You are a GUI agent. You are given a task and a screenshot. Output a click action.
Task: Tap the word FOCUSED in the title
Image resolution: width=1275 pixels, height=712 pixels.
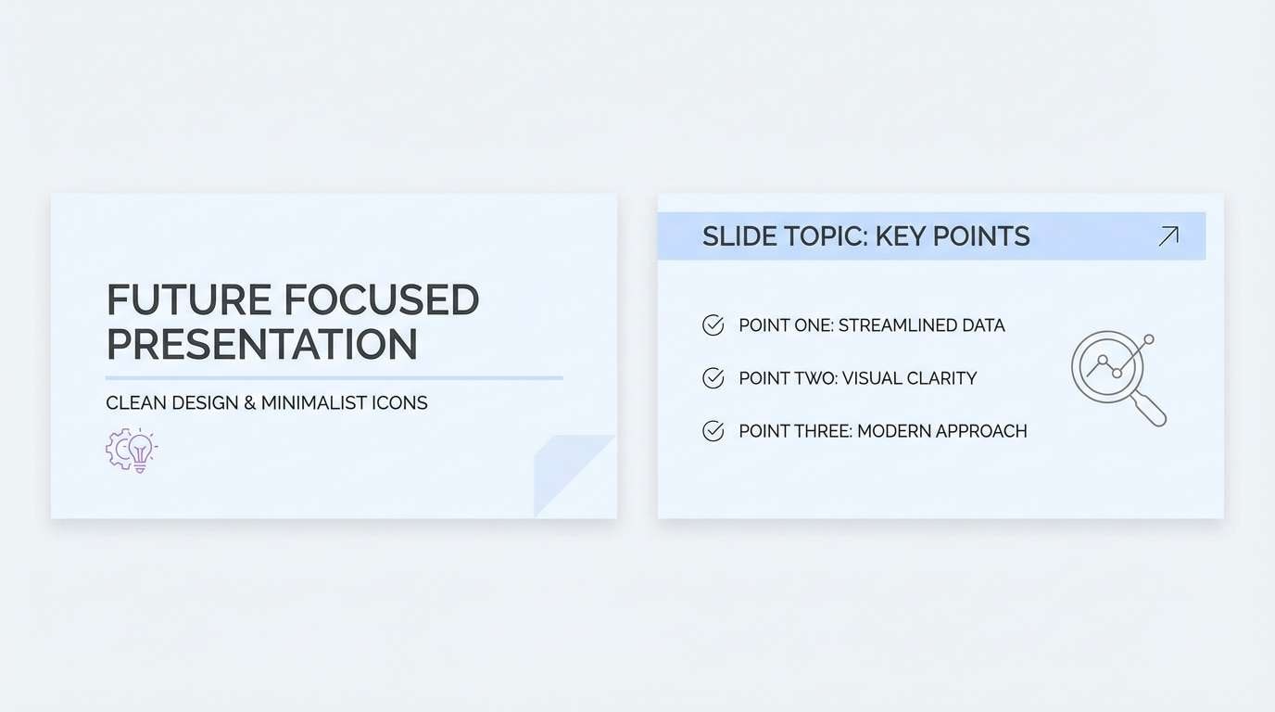pyautogui.click(x=381, y=300)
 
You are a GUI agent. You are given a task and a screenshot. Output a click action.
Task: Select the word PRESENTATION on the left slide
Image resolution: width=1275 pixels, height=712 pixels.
pyautogui.click(x=262, y=344)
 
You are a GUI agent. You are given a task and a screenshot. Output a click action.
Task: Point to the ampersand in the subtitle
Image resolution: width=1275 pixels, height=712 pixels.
pyautogui.click(x=247, y=403)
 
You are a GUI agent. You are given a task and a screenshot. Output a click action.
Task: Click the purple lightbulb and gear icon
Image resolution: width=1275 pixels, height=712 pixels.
pyautogui.click(x=132, y=451)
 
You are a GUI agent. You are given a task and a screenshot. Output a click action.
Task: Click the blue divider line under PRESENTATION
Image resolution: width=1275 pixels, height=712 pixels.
pyautogui.click(x=334, y=378)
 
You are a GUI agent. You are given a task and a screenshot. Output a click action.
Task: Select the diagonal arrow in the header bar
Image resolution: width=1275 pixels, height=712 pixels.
pyautogui.click(x=1168, y=236)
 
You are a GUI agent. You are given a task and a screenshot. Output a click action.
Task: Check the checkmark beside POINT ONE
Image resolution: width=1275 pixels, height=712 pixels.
pyautogui.click(x=713, y=325)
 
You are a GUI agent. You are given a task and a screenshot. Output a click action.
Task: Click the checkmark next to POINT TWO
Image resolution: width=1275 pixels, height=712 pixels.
pyautogui.click(x=713, y=378)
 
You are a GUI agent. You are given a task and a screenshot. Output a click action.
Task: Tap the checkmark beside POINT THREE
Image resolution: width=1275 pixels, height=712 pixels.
pyautogui.click(x=713, y=431)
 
